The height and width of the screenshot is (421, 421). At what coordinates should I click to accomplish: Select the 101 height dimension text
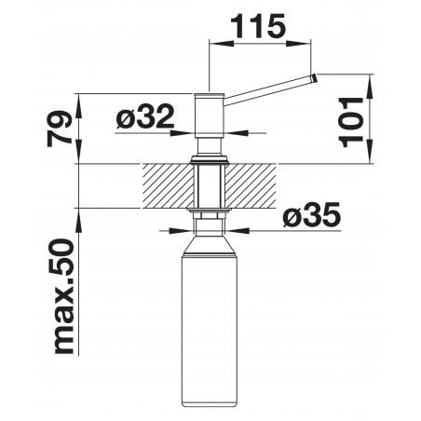[351, 122]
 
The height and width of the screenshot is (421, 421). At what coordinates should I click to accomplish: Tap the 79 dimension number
[59, 129]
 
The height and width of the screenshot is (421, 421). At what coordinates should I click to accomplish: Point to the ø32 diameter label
[145, 116]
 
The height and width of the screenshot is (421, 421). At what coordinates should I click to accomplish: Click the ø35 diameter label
[312, 214]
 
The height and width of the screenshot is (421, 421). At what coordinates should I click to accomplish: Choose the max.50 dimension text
[64, 296]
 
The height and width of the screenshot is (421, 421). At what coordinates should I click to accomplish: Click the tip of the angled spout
[314, 77]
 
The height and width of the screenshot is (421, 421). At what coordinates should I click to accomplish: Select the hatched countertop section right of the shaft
[251, 185]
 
